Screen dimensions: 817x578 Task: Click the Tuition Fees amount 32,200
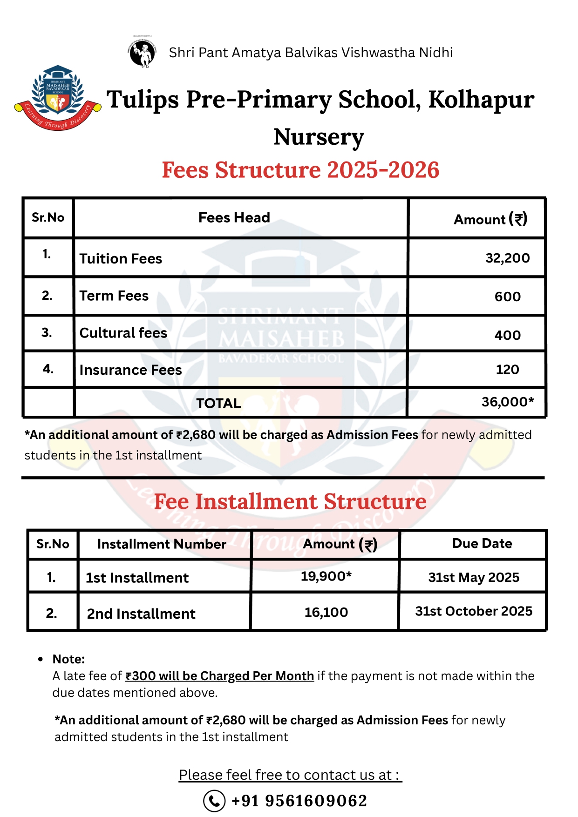pos(507,258)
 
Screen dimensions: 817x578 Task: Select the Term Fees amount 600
pos(507,297)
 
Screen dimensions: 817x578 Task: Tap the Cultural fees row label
pos(123,333)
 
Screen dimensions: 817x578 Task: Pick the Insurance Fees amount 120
pos(507,370)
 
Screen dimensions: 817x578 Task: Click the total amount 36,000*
pos(507,402)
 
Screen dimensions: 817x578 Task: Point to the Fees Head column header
pos(234,217)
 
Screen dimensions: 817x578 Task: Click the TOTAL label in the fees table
pos(218,403)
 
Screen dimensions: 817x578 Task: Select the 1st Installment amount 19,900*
pos(326,576)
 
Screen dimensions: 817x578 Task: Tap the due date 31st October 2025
pos(473,611)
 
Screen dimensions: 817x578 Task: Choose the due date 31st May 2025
pos(473,577)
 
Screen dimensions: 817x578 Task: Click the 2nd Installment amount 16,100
pos(326,612)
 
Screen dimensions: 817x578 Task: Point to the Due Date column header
pos(482,543)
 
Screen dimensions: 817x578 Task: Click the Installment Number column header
pos(161,544)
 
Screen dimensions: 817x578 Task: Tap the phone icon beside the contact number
pos(214,801)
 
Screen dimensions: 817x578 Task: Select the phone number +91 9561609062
pos(299,801)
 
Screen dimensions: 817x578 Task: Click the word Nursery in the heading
pos(319,137)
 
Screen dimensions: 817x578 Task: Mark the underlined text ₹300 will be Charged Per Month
pos(219,676)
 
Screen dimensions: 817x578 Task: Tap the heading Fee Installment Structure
pos(290,501)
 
